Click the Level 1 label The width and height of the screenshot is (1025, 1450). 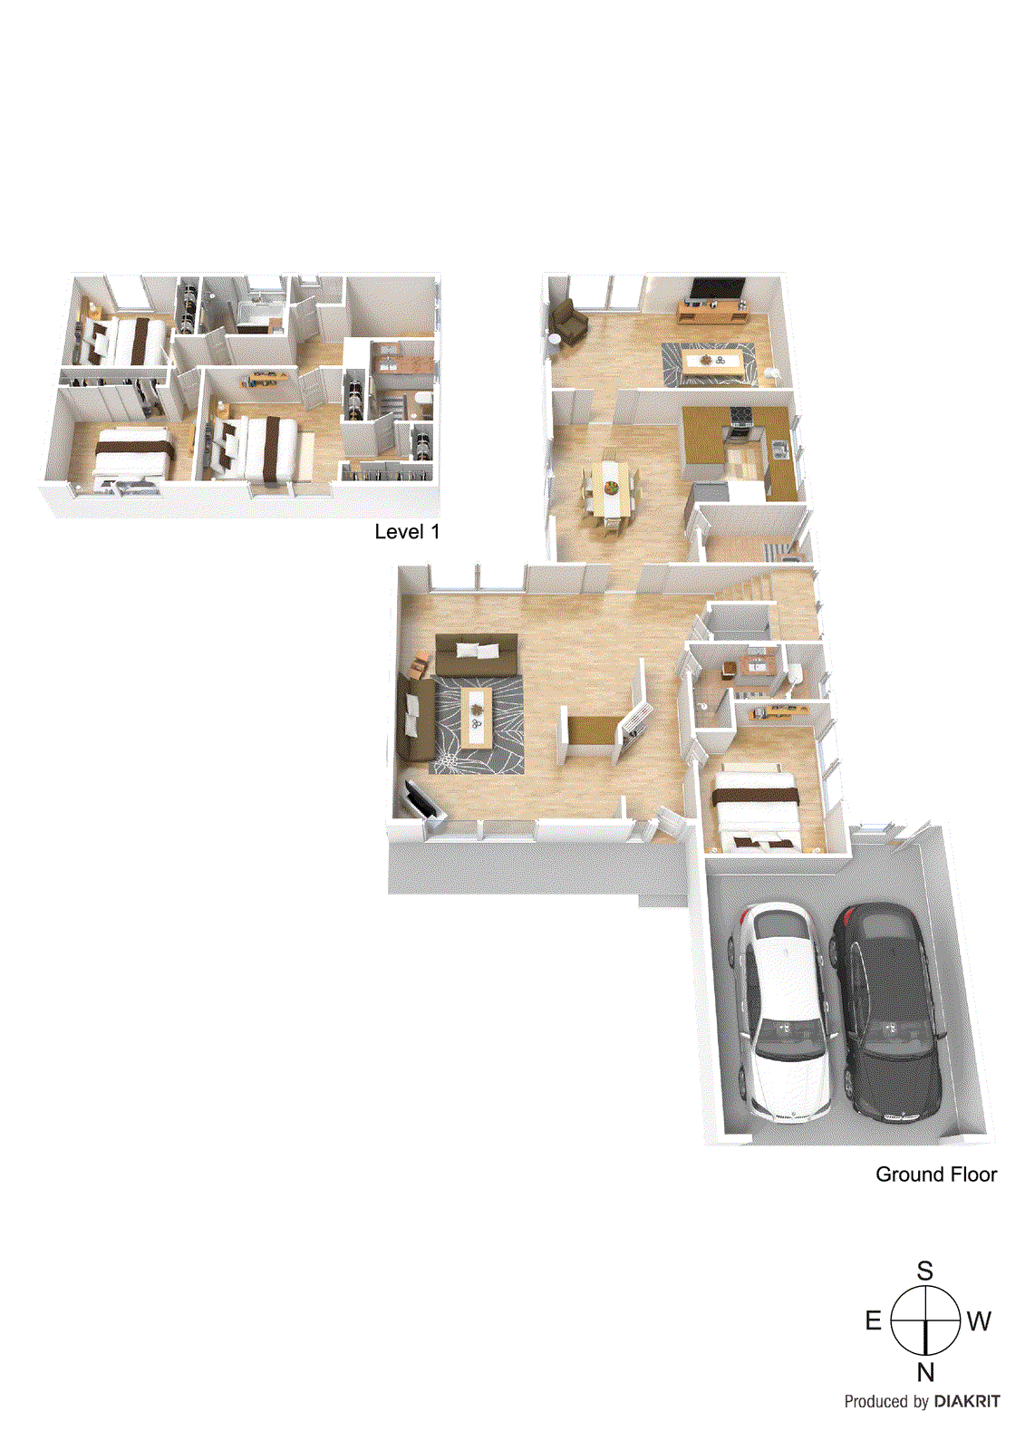pos(407,532)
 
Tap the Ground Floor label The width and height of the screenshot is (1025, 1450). pos(935,1174)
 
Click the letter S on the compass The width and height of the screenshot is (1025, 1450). pos(924,1271)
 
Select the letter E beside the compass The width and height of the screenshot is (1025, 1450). pos(873,1320)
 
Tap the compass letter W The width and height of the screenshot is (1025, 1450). pos(979,1321)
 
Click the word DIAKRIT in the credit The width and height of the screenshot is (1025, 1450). pos(967,1401)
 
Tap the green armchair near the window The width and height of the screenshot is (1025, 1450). pos(568,321)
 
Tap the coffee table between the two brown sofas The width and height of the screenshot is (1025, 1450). pos(477,716)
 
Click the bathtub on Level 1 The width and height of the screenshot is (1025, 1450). pos(260,316)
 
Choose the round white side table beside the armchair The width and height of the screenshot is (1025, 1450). pos(553,340)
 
